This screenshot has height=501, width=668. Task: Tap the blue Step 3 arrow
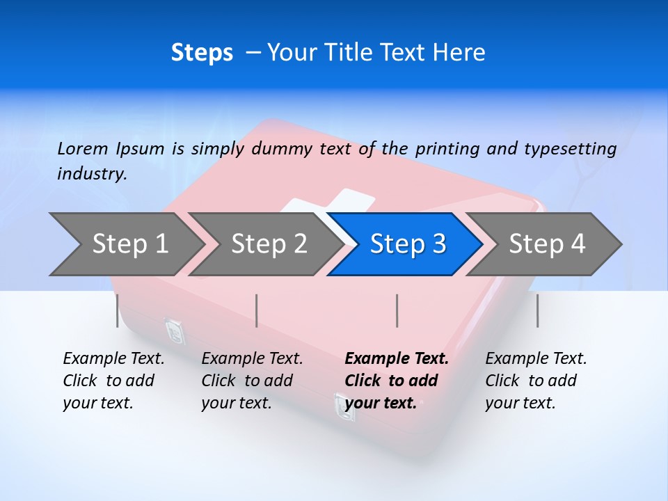406,244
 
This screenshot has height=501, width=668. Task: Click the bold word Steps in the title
202,53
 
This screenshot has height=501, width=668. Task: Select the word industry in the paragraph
91,174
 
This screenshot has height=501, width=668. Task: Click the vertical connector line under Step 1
118,310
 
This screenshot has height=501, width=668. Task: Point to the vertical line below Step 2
257,310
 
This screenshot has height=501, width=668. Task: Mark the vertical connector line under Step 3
397,310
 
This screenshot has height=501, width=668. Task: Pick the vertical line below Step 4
537,310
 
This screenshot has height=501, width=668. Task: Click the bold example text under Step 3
395,381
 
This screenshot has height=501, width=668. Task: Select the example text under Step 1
113,381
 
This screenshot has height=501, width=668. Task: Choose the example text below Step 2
251,381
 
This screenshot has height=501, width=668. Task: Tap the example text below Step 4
535,381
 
